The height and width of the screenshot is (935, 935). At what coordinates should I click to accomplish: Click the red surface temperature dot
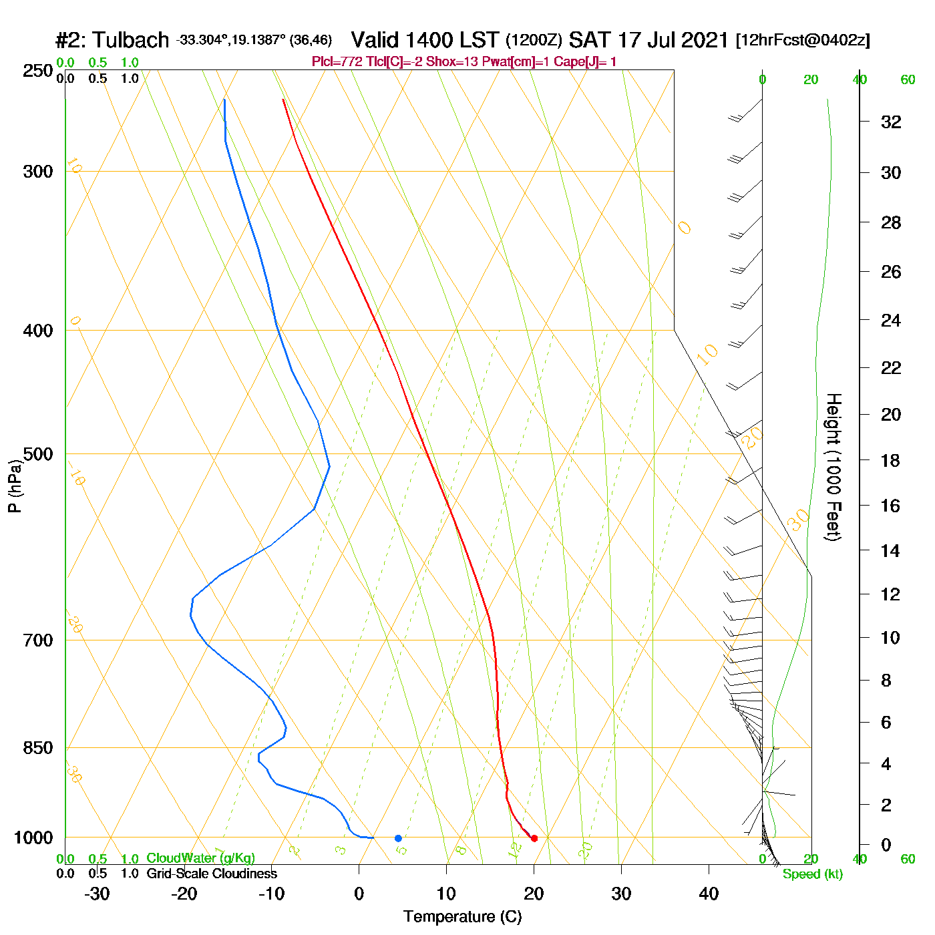(x=534, y=838)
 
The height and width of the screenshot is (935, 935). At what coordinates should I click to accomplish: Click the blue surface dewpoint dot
(x=398, y=838)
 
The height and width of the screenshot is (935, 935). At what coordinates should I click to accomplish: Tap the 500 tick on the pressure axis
(x=38, y=454)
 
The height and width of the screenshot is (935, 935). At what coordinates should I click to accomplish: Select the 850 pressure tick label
(x=38, y=748)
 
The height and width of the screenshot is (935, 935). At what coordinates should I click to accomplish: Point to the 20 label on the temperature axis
(x=534, y=894)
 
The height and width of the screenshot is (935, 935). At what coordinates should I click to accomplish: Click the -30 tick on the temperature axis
(x=97, y=894)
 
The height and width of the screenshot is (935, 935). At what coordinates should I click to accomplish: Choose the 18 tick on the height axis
(x=890, y=460)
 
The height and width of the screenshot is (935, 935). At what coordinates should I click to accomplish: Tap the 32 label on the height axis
(x=891, y=122)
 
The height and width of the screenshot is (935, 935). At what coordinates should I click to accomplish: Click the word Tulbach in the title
(x=131, y=41)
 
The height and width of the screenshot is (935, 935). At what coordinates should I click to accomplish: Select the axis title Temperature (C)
(x=462, y=917)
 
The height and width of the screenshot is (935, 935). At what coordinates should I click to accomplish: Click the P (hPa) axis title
(x=15, y=486)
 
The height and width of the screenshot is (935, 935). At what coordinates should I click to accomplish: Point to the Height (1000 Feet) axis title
(x=833, y=467)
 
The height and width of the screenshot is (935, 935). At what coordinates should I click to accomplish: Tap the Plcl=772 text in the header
(x=337, y=62)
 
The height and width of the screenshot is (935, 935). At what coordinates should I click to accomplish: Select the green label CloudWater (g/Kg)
(x=200, y=858)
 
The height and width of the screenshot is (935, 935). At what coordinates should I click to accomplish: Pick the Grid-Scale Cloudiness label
(x=212, y=874)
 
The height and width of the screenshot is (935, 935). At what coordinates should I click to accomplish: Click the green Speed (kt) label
(x=813, y=874)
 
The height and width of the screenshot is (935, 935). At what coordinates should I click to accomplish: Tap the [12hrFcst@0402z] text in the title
(x=803, y=41)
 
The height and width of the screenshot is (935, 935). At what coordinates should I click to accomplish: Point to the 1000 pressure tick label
(x=33, y=837)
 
